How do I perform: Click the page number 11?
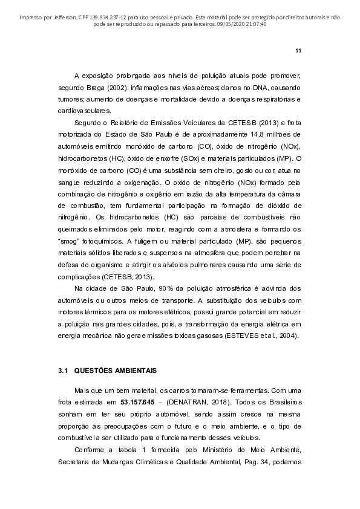(x=298, y=50)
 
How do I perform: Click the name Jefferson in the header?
(x=56, y=18)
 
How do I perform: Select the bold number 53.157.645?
(x=141, y=403)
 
